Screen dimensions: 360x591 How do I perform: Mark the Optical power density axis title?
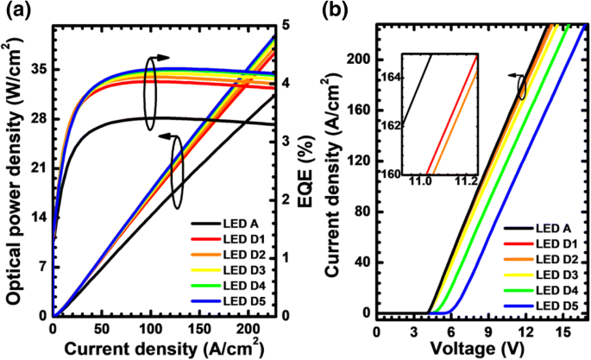(14, 173)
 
